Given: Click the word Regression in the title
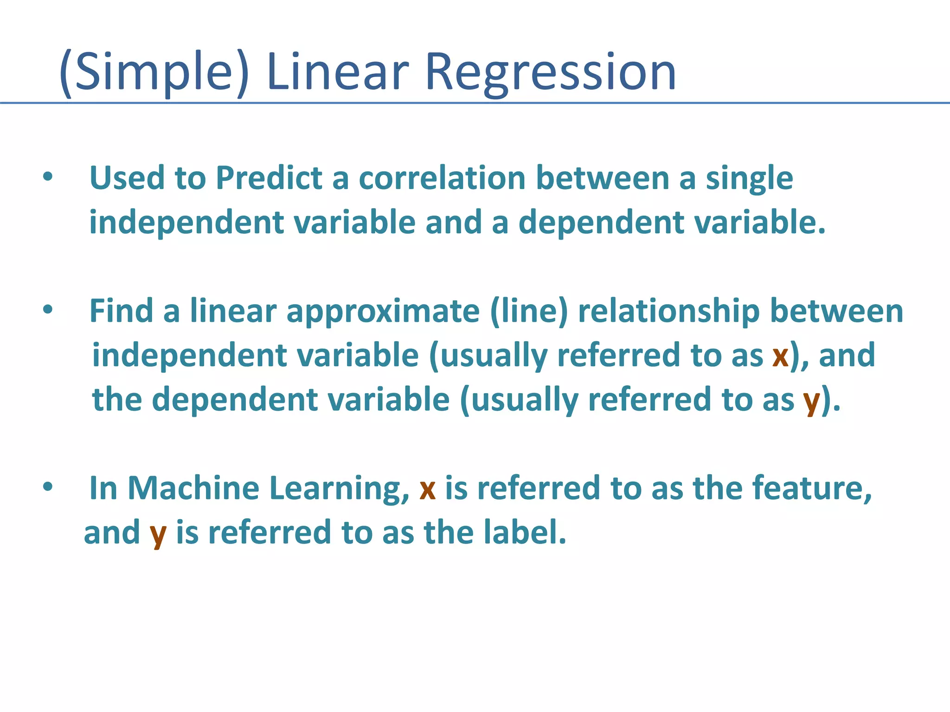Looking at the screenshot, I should click(550, 73).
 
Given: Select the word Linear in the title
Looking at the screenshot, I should click(338, 73).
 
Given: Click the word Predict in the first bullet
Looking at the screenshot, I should click(269, 178).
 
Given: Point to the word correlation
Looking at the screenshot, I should click(442, 178).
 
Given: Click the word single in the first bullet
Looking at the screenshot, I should click(749, 178).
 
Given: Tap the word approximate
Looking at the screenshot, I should click(383, 311).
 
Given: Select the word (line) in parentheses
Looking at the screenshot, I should click(529, 311).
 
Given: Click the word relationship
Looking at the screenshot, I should click(669, 311).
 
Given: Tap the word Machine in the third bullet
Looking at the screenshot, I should click(193, 488).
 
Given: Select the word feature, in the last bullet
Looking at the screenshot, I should click(812, 488).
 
